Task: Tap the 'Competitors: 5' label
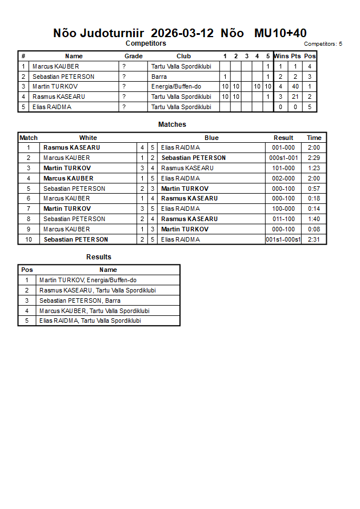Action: (323, 44)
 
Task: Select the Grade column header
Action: (134, 56)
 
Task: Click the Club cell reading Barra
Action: (159, 77)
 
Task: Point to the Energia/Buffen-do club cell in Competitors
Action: (176, 87)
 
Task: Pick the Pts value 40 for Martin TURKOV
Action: (295, 87)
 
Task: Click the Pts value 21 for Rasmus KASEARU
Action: (295, 97)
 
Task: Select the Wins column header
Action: (281, 56)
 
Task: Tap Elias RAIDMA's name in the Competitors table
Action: (52, 107)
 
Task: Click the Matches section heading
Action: (172, 125)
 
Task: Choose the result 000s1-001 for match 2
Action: (283, 158)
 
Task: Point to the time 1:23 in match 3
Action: (314, 168)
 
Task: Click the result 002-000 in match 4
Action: (283, 178)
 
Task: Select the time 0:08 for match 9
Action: (314, 229)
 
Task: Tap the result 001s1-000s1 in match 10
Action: (283, 239)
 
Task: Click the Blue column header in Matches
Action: (211, 138)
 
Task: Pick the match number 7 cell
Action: (29, 209)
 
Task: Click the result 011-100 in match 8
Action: (283, 219)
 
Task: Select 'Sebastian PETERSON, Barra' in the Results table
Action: (80, 300)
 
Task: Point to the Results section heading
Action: (99, 257)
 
